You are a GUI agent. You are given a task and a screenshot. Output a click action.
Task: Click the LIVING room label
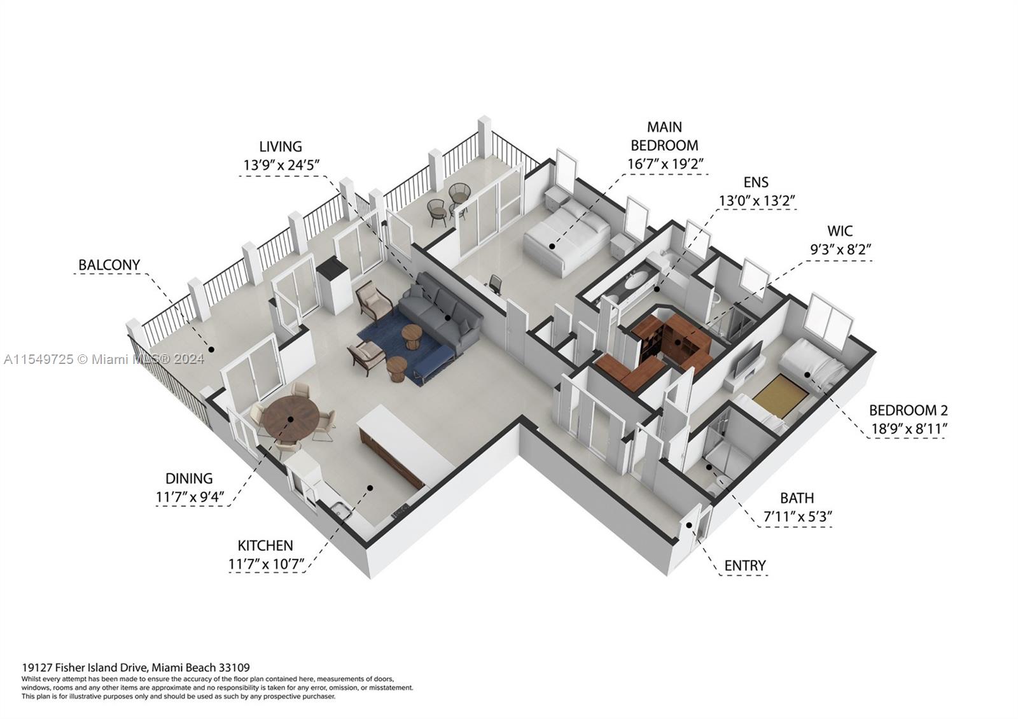[x=281, y=147]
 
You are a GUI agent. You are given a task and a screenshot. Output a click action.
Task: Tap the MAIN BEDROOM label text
[x=664, y=136]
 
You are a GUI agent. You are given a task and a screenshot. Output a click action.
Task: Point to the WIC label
[x=840, y=231]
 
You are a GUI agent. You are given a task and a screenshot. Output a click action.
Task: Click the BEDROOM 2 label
[x=908, y=410]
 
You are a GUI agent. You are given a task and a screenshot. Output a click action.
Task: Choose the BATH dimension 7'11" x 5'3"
[x=797, y=517]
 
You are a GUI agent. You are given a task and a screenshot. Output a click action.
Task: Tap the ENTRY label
[x=745, y=566]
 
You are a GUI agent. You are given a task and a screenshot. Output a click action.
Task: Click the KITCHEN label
[x=265, y=546]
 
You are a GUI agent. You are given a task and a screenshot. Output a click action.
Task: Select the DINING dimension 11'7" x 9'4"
[x=190, y=497]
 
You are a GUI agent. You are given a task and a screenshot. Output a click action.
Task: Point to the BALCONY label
[x=109, y=265]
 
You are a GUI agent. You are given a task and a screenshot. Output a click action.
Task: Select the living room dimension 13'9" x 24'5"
[x=281, y=165]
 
